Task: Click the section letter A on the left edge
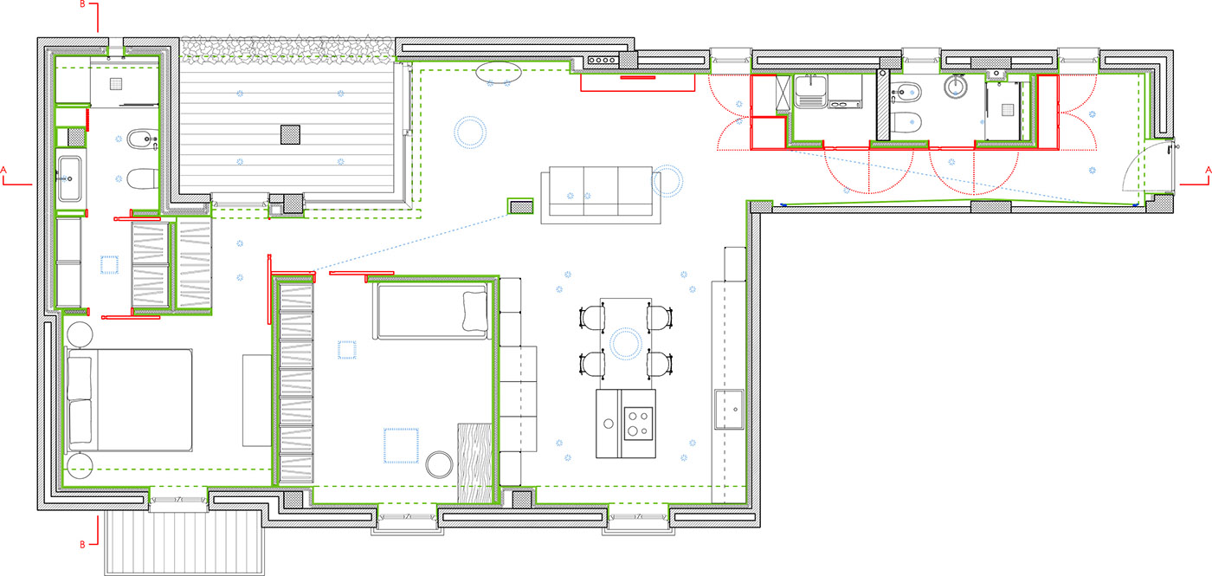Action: (x=3, y=170)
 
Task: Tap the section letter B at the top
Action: (x=83, y=4)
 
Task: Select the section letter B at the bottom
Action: (x=83, y=544)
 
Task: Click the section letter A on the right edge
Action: (x=1209, y=170)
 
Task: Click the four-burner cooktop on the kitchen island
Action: (x=639, y=424)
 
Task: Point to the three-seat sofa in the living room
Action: (x=601, y=195)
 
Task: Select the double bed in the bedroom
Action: (x=129, y=400)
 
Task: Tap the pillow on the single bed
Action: (x=475, y=311)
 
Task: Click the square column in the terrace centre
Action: (x=290, y=135)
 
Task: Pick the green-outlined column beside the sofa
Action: (x=520, y=206)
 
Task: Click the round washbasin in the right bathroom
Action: (x=957, y=86)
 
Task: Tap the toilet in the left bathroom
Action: (x=143, y=179)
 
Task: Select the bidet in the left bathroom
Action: (x=143, y=139)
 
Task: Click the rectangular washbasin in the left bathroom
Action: (x=70, y=178)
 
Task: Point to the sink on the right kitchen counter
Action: (x=729, y=409)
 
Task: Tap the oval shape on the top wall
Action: (x=499, y=73)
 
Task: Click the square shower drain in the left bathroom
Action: (x=116, y=84)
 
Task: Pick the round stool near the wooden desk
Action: (x=439, y=464)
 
